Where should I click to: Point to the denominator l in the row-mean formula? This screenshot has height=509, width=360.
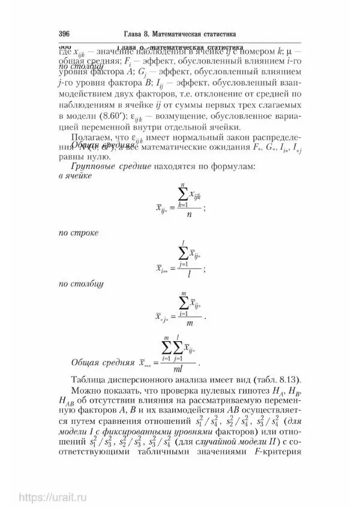[x=189, y=273]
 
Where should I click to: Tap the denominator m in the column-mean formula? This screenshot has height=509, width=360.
[x=188, y=324]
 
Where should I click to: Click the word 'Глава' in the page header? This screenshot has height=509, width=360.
[x=122, y=34]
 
